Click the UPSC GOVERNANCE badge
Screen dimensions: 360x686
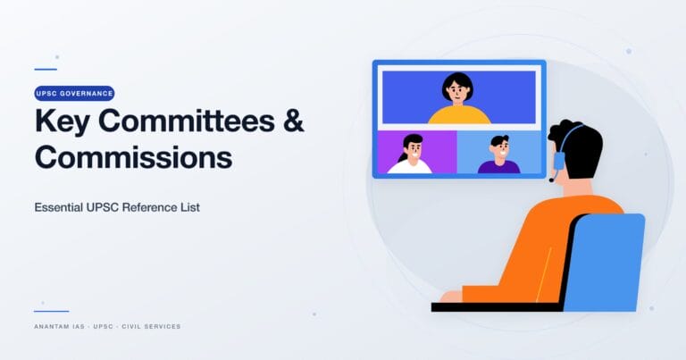74,93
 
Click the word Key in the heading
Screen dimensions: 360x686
63,121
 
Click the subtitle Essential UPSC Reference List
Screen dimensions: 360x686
117,206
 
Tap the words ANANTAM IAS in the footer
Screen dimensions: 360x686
60,326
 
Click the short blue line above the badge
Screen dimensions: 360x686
46,69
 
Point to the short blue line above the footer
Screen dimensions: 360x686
51,311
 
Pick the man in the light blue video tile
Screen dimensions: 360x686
498,154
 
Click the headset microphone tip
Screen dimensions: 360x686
551,180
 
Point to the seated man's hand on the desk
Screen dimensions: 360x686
452,296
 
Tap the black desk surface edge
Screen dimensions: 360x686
482,306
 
